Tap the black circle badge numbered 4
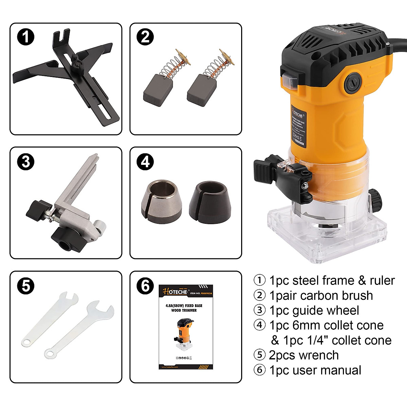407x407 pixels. click(x=145, y=162)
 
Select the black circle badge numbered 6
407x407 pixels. click(x=145, y=286)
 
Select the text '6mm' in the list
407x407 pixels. click(x=307, y=326)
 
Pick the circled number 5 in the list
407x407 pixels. click(x=260, y=355)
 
